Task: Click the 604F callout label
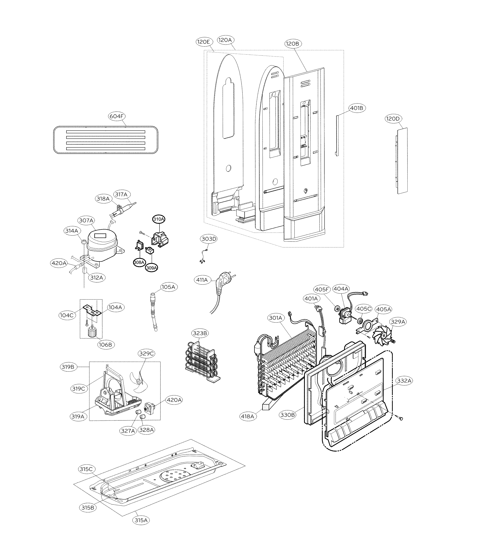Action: coord(117,116)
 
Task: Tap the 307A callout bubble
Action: coord(86,220)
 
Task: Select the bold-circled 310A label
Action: coord(159,219)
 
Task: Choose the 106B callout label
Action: coord(105,344)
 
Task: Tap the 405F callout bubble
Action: coord(322,289)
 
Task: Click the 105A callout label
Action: coord(168,287)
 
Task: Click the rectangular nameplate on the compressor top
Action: coord(100,236)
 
